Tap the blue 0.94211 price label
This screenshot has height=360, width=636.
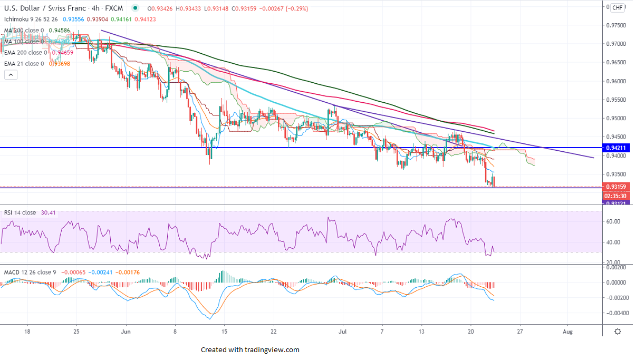pos(616,148)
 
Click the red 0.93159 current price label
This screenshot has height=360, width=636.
pos(616,187)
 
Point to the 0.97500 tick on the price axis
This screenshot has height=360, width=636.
pos(616,25)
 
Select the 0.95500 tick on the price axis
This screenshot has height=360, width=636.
pos(616,100)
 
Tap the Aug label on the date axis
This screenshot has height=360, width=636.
pos(567,332)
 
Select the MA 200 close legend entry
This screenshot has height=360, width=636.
pos(24,31)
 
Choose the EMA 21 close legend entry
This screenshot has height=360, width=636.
pos(24,64)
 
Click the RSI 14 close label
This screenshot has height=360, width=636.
pos(20,212)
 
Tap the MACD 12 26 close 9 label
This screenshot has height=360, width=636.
pos(30,273)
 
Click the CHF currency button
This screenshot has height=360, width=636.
pos(618,7)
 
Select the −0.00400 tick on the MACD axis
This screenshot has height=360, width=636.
pos(614,313)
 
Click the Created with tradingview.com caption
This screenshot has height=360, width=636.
pos(250,349)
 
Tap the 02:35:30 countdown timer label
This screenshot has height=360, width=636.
pos(616,195)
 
